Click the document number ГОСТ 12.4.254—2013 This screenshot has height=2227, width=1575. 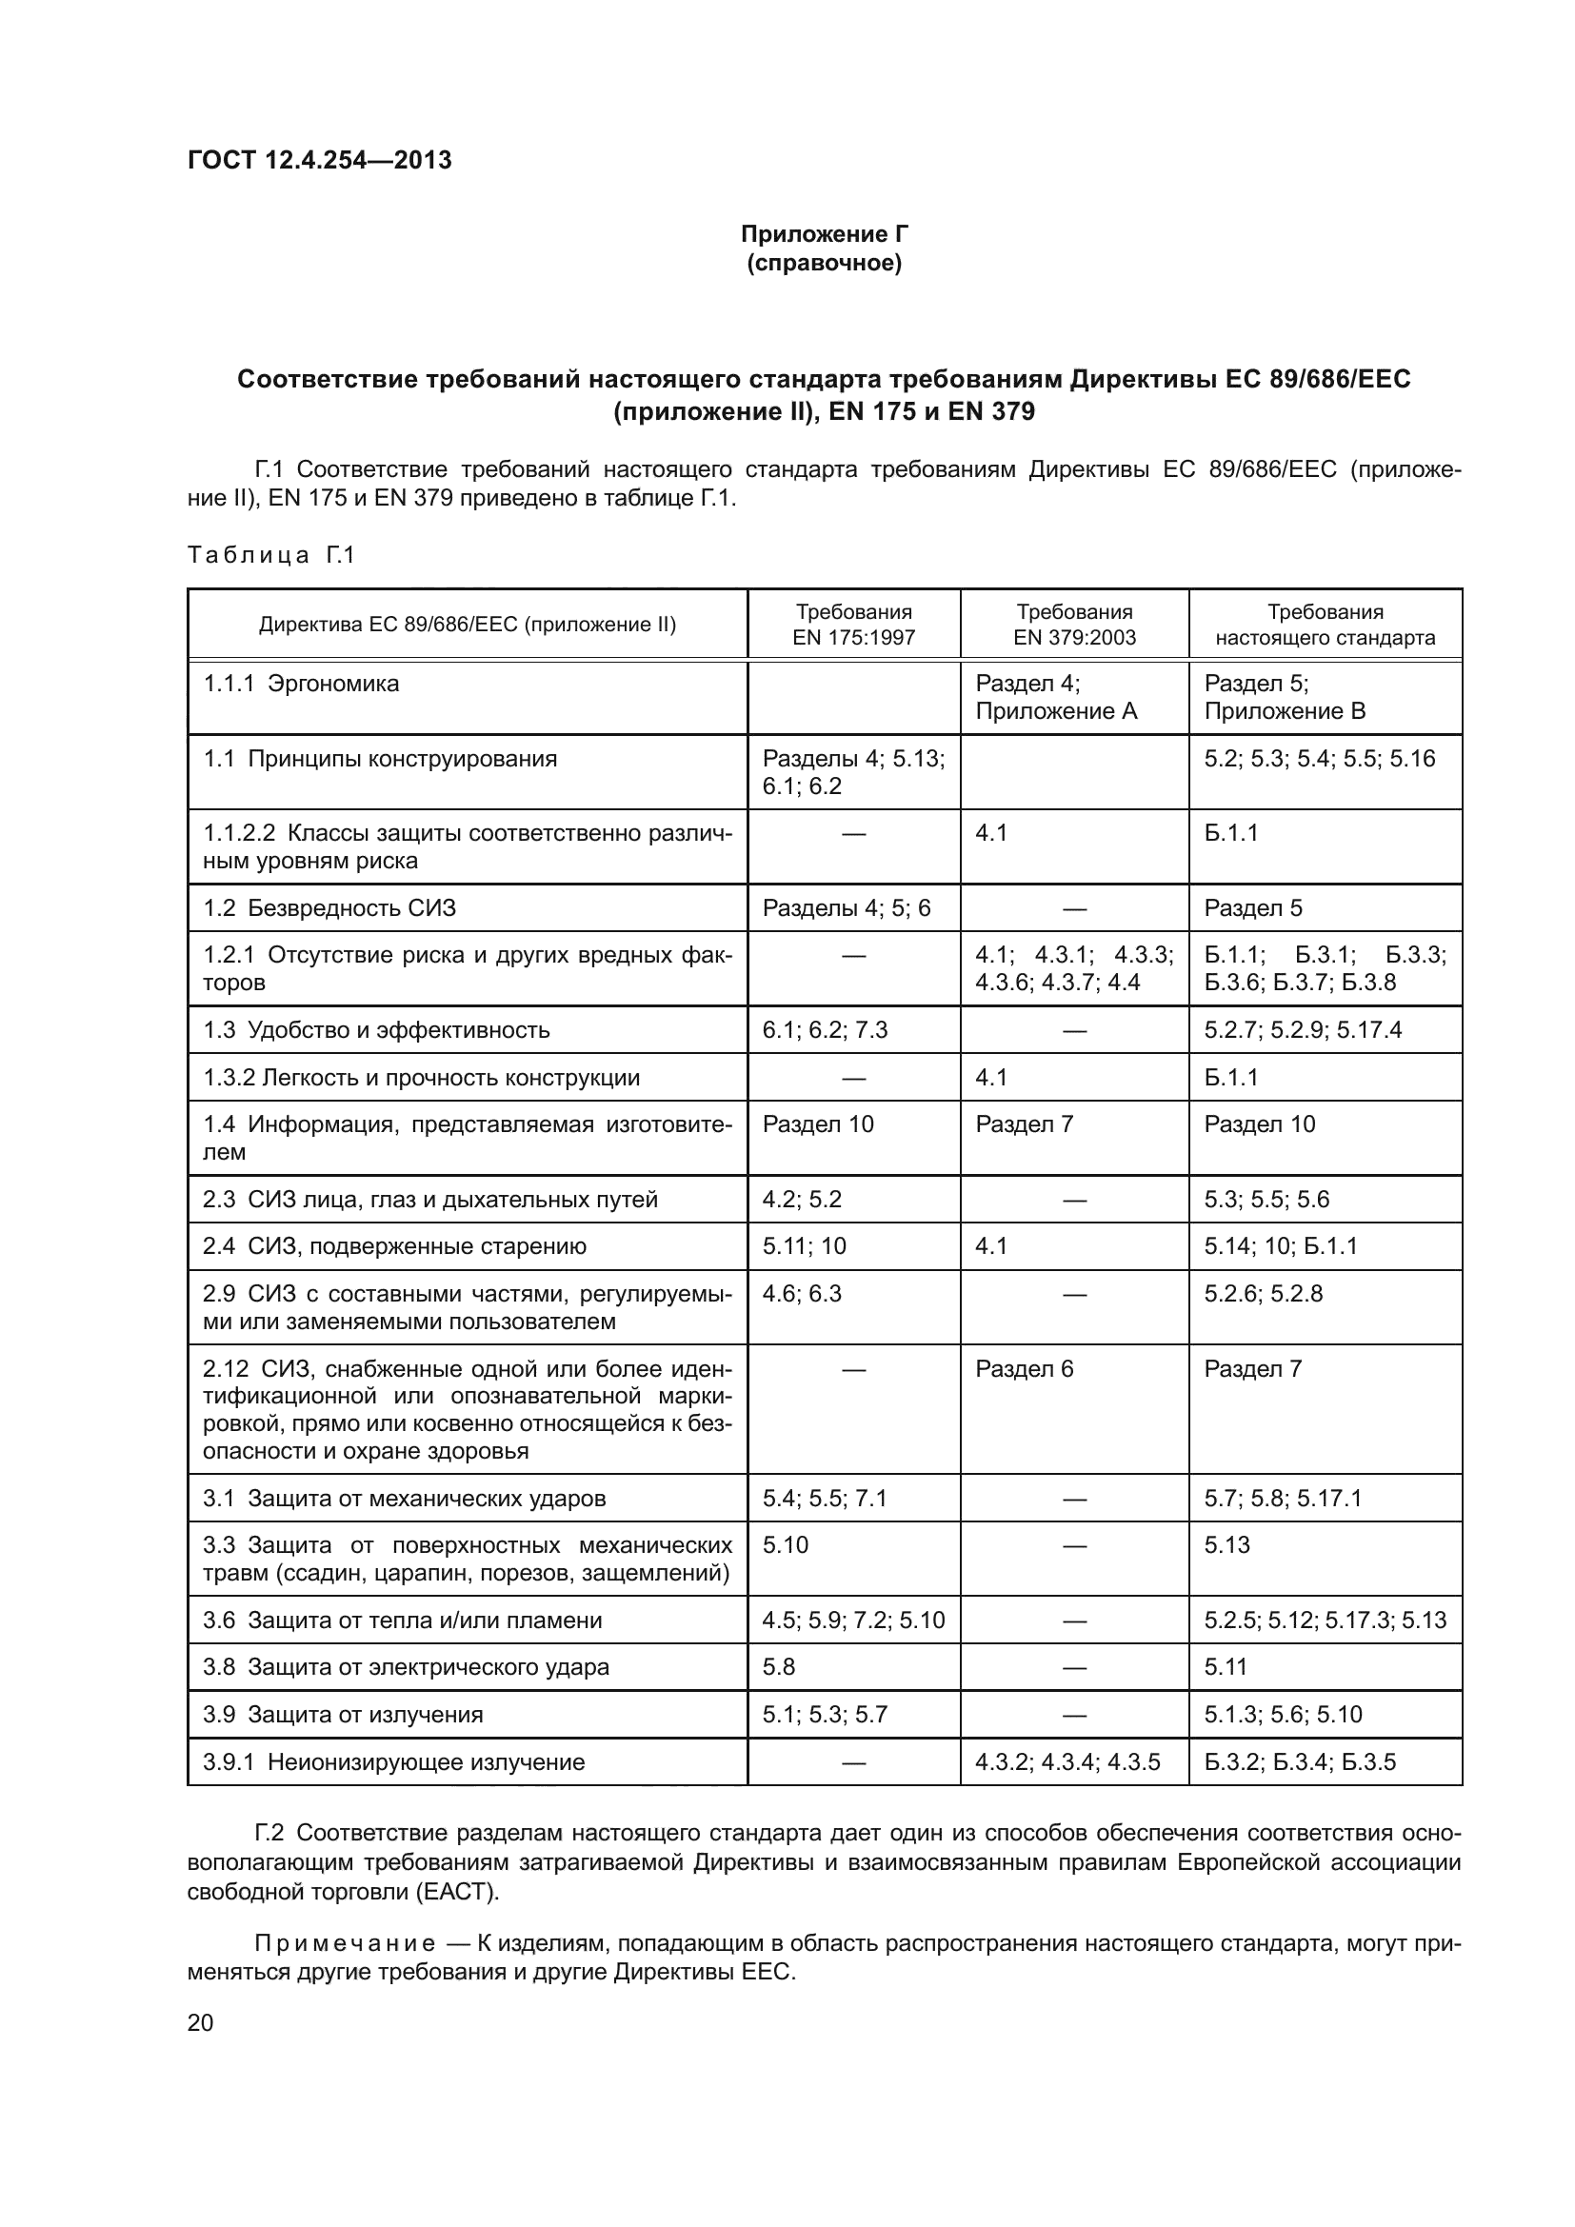point(319,160)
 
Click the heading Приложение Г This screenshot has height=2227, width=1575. point(824,234)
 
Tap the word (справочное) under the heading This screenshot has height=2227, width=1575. point(824,263)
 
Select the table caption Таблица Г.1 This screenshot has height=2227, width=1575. point(271,555)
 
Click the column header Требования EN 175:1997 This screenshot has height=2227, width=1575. point(853,625)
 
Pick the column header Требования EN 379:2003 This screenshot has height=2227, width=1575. point(1073,625)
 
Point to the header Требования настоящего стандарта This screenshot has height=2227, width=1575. point(1325,625)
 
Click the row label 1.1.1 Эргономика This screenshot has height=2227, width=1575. point(301,684)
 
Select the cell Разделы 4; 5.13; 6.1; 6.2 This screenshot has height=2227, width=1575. point(853,772)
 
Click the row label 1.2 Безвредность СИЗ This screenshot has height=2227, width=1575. point(329,908)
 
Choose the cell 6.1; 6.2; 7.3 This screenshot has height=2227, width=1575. point(826,1029)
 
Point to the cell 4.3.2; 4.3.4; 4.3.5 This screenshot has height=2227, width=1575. point(1067,1762)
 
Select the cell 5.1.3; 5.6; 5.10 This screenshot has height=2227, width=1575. point(1283,1715)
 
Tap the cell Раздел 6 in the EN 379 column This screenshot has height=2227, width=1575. point(1025,1368)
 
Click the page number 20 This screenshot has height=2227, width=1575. point(201,2023)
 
